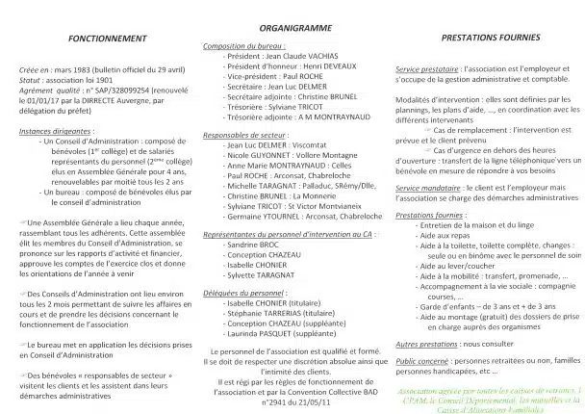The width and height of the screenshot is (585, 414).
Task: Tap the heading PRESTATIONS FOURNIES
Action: tap(487, 38)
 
